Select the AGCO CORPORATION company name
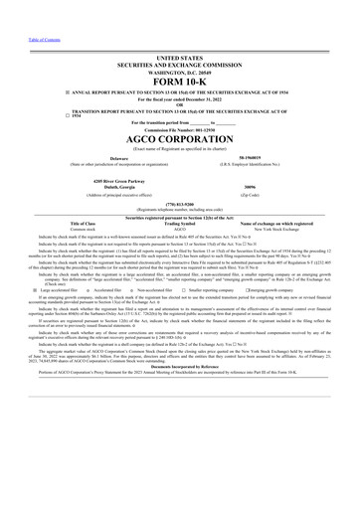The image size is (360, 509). [x=180, y=140]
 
